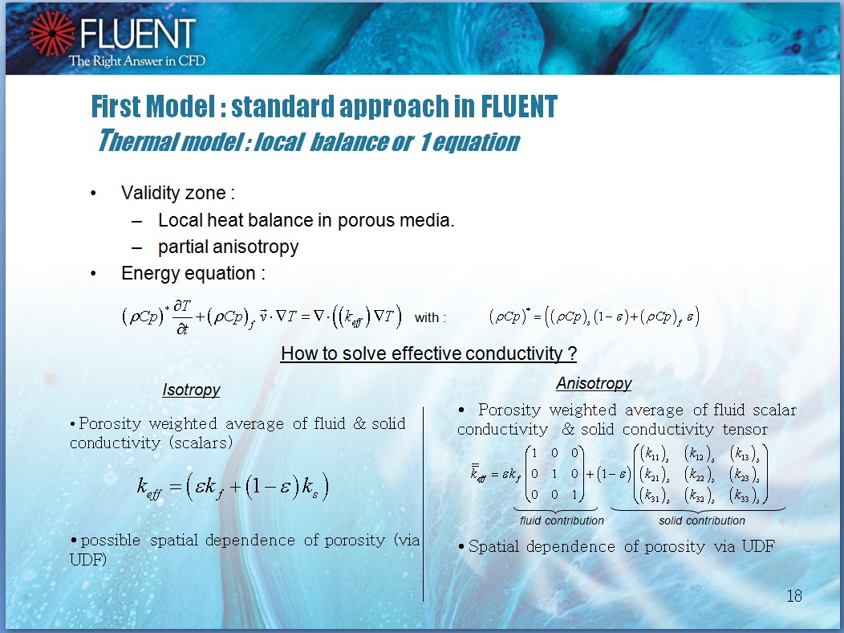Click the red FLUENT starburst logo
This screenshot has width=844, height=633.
point(52,34)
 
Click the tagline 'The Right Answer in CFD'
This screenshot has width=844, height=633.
point(137,61)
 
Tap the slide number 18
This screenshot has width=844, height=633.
point(794,596)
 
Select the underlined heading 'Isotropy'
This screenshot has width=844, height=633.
point(191,390)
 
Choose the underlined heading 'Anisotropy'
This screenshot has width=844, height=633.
point(594,383)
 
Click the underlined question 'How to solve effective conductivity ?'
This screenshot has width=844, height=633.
point(429,353)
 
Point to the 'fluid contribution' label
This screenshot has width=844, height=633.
point(562,521)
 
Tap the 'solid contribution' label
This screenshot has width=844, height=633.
point(702,521)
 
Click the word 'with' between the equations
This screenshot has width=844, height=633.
point(426,317)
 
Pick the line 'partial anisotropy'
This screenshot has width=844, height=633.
point(228,247)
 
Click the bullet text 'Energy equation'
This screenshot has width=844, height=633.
point(189,273)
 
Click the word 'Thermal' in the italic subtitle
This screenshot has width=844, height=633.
point(138,141)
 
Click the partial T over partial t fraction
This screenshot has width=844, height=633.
point(182,316)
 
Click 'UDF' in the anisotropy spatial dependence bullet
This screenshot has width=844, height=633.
point(758,546)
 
